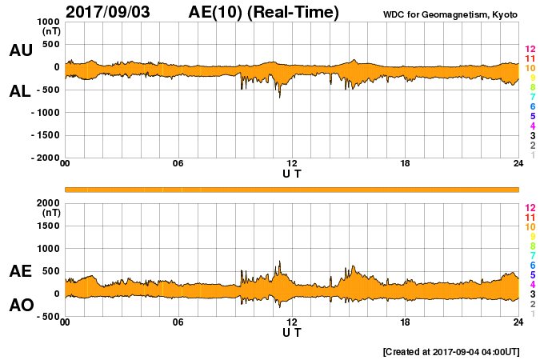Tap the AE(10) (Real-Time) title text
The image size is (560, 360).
pos(263,12)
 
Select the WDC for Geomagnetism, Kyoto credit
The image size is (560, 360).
pos(450,14)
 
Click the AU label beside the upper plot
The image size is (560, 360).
pos(21,50)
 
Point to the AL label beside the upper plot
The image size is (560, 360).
pos(20,91)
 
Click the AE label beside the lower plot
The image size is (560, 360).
pos(21,271)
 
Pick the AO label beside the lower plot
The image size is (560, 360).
pos(21,305)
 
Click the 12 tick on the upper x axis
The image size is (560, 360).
pos(292,164)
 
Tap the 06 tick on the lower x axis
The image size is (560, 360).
pos(178,322)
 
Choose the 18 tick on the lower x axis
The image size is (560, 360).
pos(406,322)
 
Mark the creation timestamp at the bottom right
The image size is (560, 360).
pos(452,351)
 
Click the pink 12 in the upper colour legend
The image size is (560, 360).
pos(530,50)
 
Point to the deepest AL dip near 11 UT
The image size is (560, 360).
pos(279,97)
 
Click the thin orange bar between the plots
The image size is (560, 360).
pos(292,189)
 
